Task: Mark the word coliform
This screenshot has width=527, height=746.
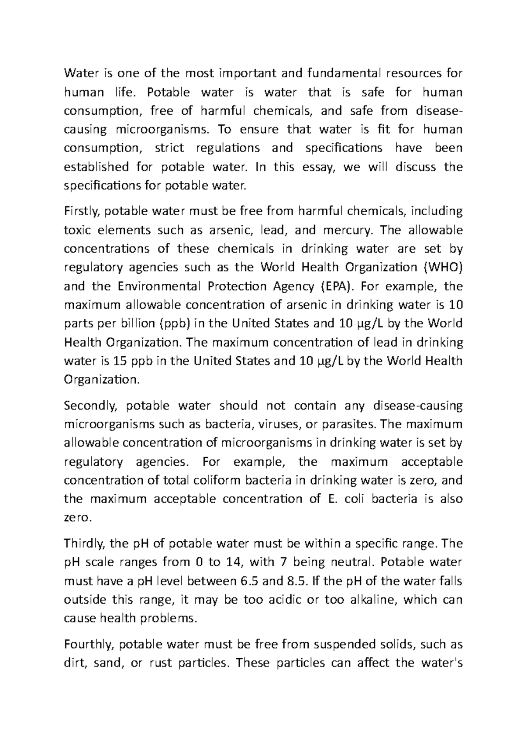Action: coord(214,480)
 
